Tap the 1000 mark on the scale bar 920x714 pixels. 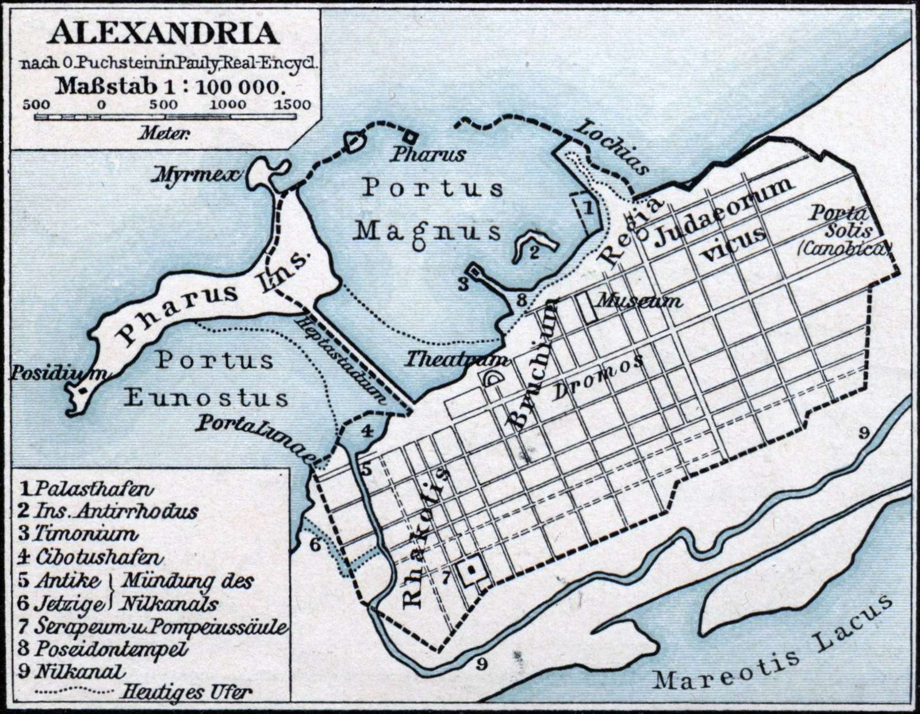pos(227,105)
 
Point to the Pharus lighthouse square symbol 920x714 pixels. pos(409,137)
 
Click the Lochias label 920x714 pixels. pos(614,146)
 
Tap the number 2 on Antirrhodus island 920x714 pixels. pos(534,251)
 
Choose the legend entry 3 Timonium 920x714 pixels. pos(78,533)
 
